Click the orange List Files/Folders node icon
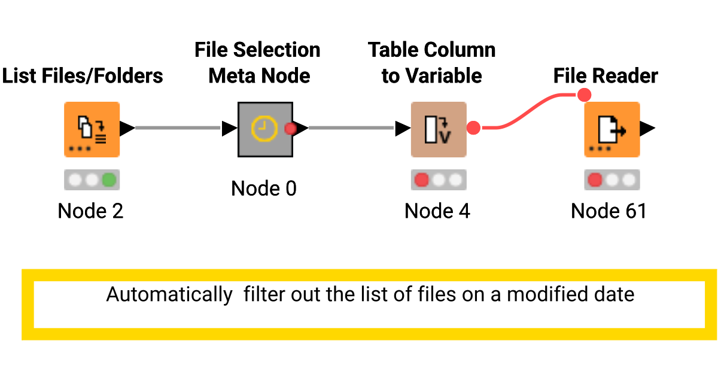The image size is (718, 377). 92,129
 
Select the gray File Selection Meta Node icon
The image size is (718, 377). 265,129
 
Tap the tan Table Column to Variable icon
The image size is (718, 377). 438,129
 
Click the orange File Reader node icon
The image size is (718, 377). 611,129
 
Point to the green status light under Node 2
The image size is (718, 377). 109,180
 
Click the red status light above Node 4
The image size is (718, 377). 422,180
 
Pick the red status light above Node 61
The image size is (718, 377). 595,180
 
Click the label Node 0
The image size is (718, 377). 264,188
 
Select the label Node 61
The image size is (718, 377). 609,211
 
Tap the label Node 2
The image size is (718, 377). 90,211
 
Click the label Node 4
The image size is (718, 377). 437,211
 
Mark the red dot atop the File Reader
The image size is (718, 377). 584,95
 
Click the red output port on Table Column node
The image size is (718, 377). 474,128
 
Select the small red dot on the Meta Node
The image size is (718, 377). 290,128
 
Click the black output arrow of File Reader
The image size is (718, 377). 648,128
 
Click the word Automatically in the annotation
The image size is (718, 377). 169,294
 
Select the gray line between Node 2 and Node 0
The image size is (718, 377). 178,127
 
